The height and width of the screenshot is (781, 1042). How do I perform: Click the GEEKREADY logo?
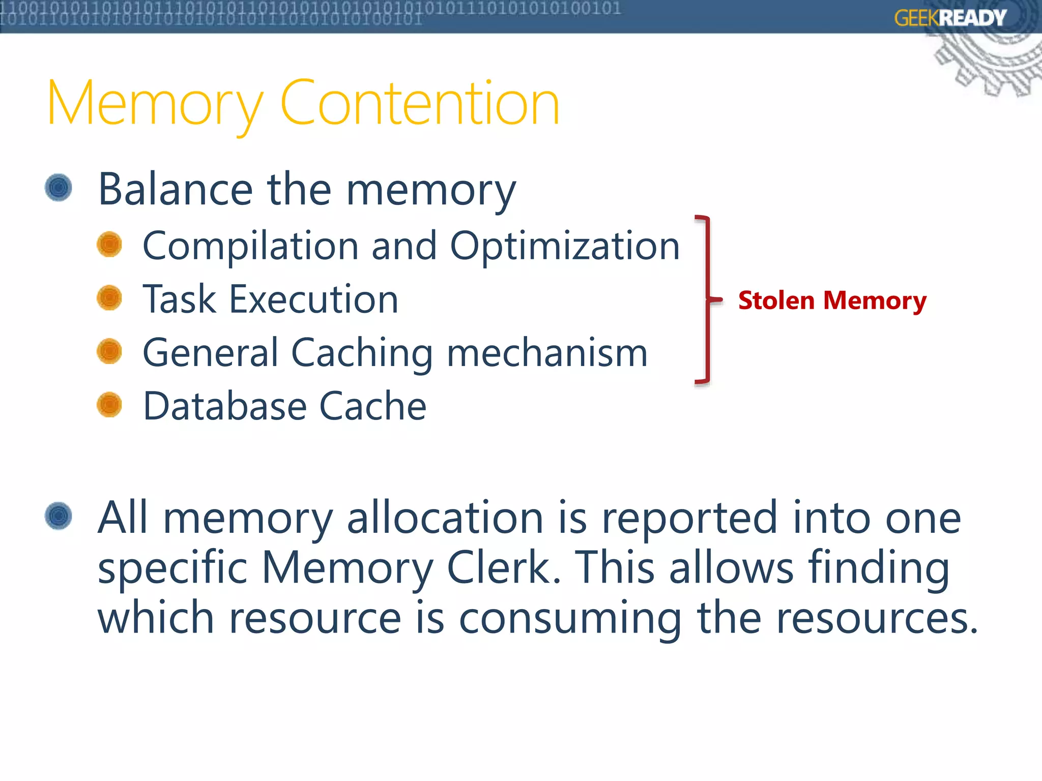(950, 18)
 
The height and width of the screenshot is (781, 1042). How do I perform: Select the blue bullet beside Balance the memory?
(59, 188)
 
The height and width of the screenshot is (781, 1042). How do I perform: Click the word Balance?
(175, 190)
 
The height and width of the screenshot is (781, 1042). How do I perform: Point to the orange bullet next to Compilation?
(109, 245)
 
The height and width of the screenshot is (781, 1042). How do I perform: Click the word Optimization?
(565, 247)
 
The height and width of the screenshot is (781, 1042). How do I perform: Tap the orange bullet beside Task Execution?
(109, 298)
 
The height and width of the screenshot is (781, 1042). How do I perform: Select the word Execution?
(313, 299)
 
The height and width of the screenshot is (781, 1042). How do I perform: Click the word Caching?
(362, 353)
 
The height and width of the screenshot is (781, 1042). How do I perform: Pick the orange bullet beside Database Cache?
(109, 405)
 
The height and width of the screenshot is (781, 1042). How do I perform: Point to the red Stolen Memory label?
(832, 300)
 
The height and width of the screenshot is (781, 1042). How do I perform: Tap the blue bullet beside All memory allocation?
(59, 516)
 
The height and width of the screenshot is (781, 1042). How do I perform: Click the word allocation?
(445, 518)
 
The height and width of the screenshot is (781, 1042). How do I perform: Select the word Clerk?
(503, 567)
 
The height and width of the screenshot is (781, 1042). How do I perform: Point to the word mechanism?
(547, 353)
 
